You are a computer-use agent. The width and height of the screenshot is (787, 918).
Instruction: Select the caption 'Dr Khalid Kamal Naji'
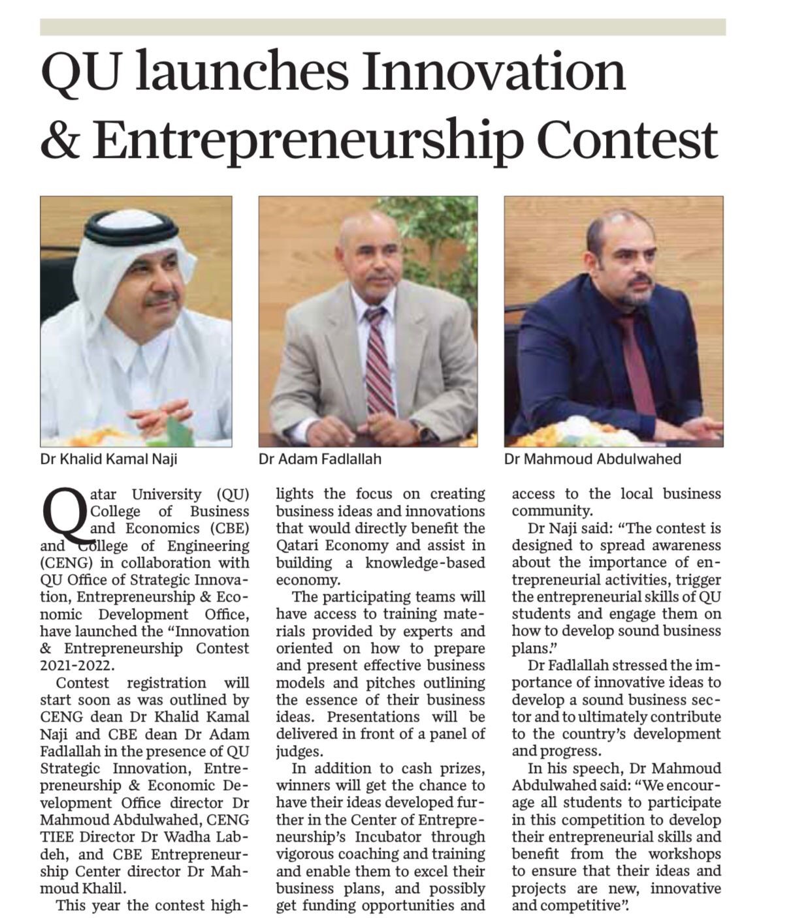(108, 459)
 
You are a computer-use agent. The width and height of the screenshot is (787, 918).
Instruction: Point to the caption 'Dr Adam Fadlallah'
(320, 459)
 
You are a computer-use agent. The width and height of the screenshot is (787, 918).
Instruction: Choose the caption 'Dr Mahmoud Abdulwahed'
(592, 459)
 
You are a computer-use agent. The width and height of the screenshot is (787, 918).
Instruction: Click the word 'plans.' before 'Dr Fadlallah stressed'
(534, 649)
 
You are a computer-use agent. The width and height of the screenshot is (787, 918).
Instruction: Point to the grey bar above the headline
(383, 27)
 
